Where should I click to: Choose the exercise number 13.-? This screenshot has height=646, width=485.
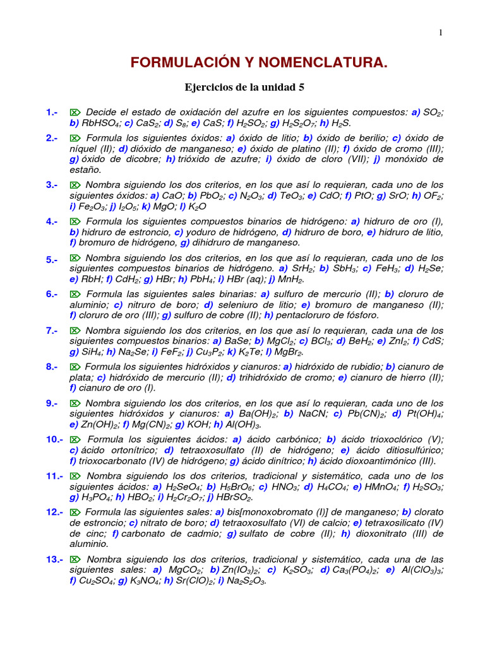(x=54, y=559)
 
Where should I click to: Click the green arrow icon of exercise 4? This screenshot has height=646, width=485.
(x=75, y=221)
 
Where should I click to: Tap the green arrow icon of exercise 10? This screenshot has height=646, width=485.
(x=75, y=439)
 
